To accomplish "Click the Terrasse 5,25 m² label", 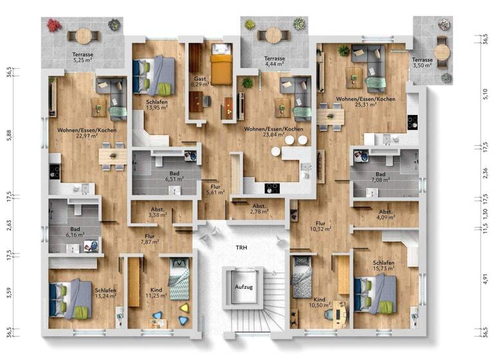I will pos(83,59).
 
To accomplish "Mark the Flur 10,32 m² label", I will pos(319,226).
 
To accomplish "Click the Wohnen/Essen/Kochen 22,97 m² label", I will pos(86,133).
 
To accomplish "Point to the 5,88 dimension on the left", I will pos(9,134).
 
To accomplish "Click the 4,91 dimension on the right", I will pos(486,279).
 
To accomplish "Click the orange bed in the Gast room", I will pos(221,68).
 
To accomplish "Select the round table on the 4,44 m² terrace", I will pos(274,35).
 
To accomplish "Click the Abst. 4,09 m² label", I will pos(386,215).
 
